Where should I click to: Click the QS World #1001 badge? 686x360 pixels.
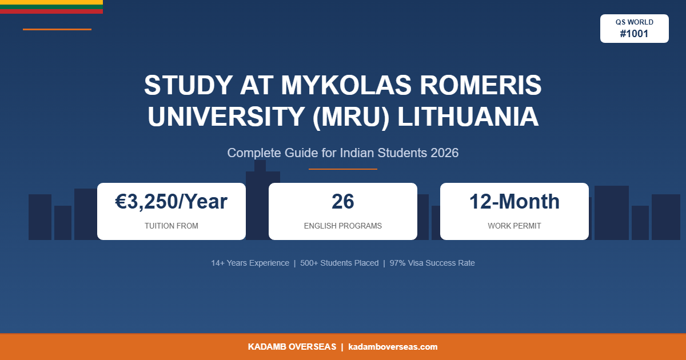(x=634, y=29)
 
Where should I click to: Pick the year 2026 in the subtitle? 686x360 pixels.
(x=444, y=153)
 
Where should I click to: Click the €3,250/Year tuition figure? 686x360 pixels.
(x=171, y=202)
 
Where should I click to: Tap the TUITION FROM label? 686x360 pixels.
(x=171, y=226)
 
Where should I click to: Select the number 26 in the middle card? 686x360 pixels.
(x=343, y=202)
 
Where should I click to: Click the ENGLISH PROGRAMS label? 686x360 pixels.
(x=343, y=226)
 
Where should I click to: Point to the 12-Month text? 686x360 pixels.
(x=514, y=202)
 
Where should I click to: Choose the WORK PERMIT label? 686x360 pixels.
(x=514, y=226)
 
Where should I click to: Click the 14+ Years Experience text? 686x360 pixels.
(x=250, y=263)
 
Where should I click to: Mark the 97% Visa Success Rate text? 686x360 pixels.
(x=432, y=263)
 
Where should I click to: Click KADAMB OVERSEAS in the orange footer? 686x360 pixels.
(x=292, y=347)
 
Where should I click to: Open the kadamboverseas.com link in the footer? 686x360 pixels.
(x=393, y=347)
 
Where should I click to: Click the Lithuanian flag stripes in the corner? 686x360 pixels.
(x=51, y=6)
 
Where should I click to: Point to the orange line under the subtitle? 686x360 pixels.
(x=343, y=169)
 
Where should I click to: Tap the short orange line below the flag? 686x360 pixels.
(x=57, y=29)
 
